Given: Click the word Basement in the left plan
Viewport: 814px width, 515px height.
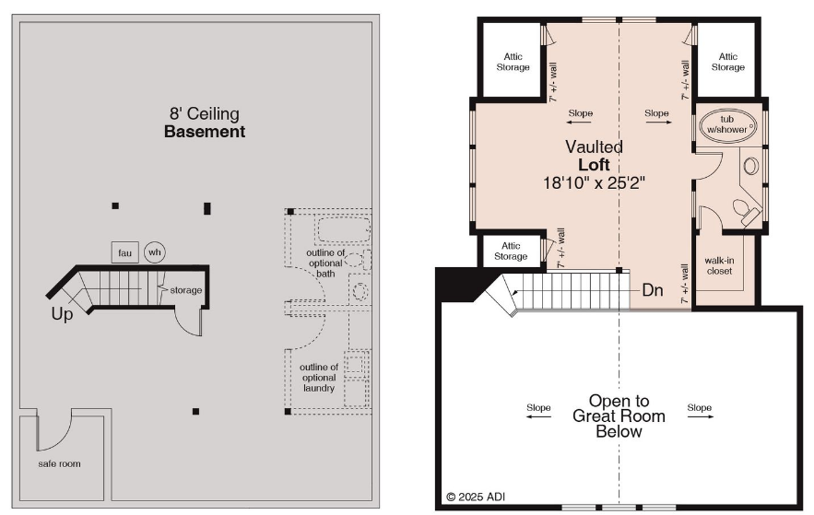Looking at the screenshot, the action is click(x=205, y=132).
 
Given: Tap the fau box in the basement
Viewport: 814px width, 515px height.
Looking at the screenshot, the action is click(x=125, y=252).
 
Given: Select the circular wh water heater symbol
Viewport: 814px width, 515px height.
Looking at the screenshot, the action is click(x=155, y=252).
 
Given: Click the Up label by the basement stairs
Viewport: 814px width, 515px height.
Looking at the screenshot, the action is click(x=62, y=314).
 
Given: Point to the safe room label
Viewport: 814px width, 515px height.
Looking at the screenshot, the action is click(x=59, y=463).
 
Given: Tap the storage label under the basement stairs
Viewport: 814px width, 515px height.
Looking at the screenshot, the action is click(x=186, y=290).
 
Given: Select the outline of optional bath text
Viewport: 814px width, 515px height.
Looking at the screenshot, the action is click(x=325, y=263).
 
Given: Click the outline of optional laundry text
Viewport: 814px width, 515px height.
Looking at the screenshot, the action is click(x=319, y=378).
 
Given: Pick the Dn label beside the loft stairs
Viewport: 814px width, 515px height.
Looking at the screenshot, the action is click(x=653, y=290).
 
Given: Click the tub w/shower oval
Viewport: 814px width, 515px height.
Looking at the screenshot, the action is click(x=728, y=125).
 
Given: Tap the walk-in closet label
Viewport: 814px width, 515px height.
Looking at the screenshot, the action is click(x=719, y=265).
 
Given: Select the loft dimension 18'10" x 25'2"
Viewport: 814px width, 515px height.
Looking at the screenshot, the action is click(x=594, y=183).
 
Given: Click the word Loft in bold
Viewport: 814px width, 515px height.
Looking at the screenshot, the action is click(x=594, y=165).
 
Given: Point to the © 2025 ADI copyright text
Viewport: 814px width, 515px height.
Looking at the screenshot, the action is click(x=476, y=497).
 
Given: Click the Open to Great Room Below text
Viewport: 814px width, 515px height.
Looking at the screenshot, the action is click(x=619, y=416).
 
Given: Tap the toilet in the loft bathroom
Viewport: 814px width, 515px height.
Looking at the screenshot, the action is click(x=746, y=211).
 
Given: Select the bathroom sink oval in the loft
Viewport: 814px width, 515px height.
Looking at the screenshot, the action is click(x=750, y=166).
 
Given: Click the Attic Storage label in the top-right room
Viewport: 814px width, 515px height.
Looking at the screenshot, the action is click(x=728, y=62).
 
